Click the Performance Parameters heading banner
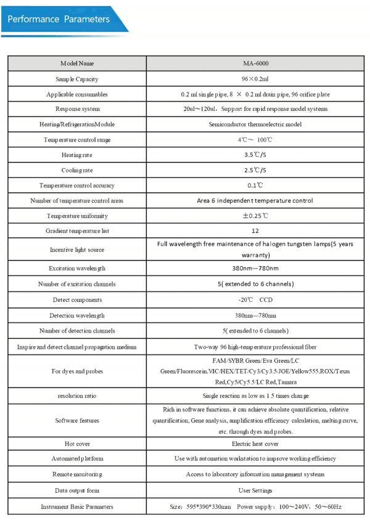point(59,19)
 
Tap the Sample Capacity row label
point(77,79)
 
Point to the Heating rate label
point(77,155)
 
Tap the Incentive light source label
point(77,249)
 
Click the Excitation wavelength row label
point(77,269)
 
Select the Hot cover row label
point(77,444)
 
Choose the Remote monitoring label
point(77,474)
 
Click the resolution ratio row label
point(77,395)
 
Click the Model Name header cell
point(77,63)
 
